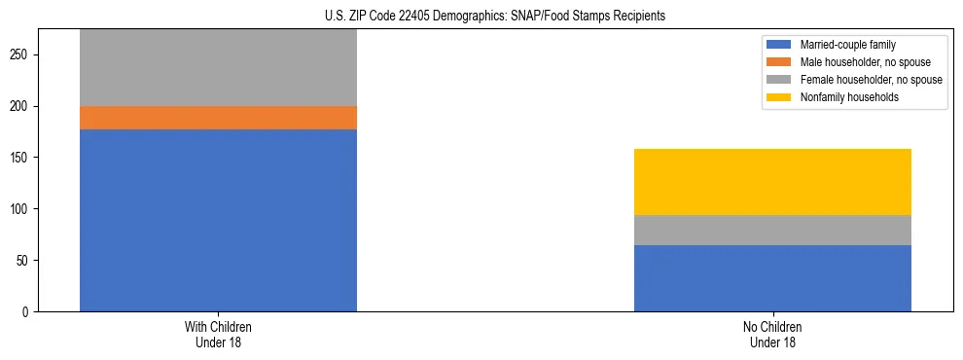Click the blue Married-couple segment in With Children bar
218,220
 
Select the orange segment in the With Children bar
218,118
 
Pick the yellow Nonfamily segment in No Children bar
772,182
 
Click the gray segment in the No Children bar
772,230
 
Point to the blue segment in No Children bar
772,278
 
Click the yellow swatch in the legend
779,97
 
